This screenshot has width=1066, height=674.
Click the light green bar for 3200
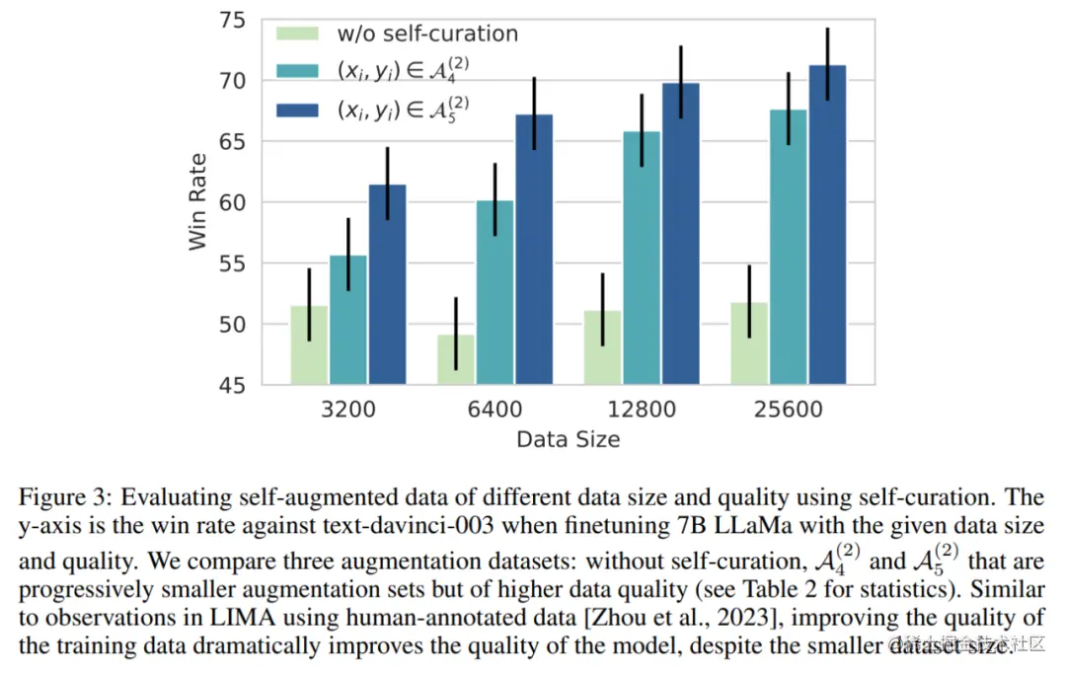pos(309,344)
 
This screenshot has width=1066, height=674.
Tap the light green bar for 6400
pos(456,359)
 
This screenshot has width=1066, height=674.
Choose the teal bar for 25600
pos(788,247)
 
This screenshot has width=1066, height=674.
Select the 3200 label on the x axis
pos(348,409)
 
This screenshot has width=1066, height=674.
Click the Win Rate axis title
pos(198,202)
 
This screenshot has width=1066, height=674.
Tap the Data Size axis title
pos(569,439)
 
